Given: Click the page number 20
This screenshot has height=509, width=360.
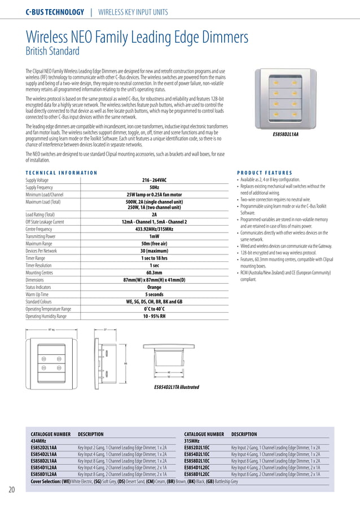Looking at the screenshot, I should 11,489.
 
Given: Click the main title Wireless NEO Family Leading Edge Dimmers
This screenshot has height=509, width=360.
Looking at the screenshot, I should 137,37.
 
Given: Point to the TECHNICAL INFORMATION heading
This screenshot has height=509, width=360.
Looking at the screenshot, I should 62,173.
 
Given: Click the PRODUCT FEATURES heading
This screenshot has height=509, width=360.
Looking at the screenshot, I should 264,173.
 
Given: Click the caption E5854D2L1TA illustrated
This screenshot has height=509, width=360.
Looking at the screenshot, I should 177,387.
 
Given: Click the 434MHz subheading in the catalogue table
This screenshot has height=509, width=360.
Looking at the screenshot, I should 38,441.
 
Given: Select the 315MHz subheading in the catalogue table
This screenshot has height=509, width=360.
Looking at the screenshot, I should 193,441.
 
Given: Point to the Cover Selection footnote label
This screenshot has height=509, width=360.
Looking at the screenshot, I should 50,482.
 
